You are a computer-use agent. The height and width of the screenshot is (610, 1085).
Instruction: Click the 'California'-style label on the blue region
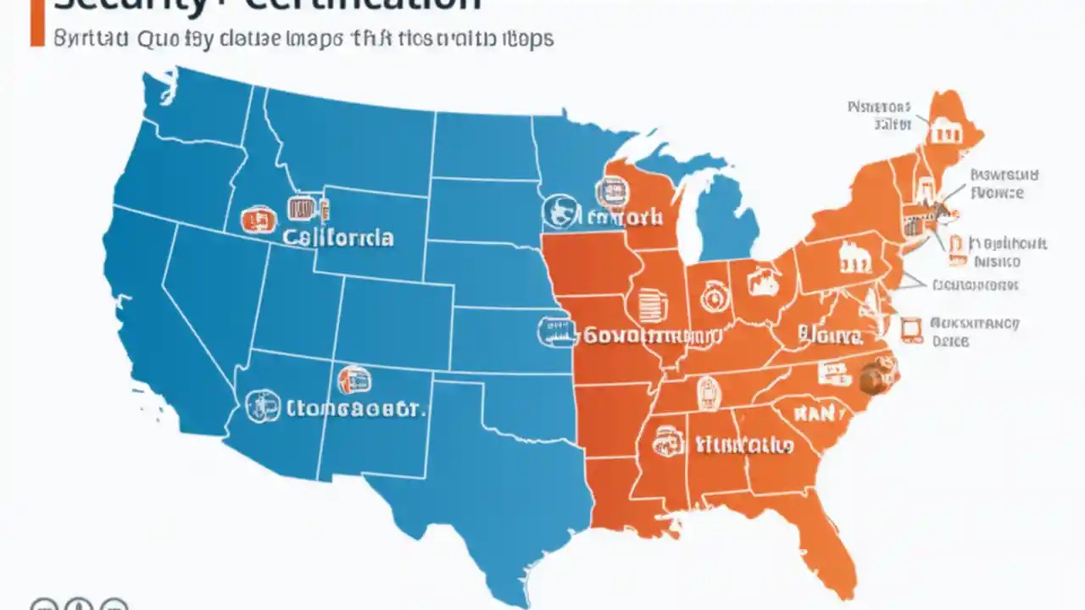click(x=338, y=236)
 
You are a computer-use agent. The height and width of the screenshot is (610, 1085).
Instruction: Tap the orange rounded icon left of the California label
click(x=258, y=219)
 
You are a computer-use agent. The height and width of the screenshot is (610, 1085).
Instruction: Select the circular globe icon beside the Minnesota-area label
click(x=559, y=212)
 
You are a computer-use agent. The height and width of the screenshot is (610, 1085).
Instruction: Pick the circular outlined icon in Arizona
click(x=262, y=407)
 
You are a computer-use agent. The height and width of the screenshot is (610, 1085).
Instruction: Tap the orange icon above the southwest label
click(x=353, y=379)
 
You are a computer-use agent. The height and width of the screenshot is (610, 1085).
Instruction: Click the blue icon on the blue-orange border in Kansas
click(x=555, y=331)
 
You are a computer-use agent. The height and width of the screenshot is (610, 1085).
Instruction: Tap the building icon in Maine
click(x=943, y=131)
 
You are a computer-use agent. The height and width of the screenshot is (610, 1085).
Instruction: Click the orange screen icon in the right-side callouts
click(x=911, y=330)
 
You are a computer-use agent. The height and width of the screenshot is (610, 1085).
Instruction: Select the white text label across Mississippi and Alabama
click(x=743, y=444)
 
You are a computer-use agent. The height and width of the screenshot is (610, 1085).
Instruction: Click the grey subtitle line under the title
click(x=303, y=39)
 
